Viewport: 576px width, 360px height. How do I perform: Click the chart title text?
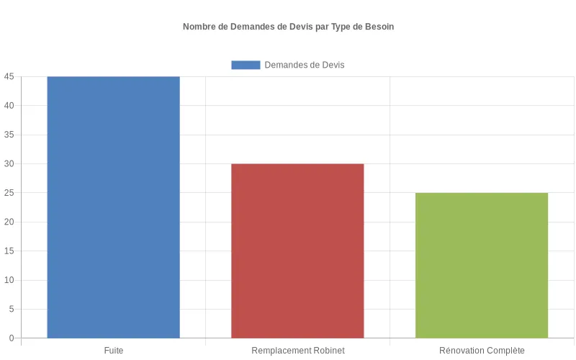[288, 27]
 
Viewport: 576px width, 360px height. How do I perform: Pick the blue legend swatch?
[246, 65]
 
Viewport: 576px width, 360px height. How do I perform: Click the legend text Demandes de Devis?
[305, 65]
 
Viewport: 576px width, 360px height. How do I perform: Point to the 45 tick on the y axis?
[9, 76]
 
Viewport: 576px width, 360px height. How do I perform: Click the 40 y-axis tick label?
[9, 106]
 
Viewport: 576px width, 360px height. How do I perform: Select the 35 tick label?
[9, 135]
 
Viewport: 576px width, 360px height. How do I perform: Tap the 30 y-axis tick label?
[9, 163]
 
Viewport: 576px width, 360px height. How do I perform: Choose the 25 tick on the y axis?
[9, 193]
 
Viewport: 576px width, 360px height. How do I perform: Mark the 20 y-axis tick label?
[9, 222]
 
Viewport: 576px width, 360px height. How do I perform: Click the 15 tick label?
[9, 251]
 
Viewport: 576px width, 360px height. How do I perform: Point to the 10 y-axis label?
[9, 280]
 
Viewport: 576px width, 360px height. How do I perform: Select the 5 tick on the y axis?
[12, 309]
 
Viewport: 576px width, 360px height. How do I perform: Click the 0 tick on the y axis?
[12, 338]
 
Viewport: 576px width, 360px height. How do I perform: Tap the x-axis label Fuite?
[113, 351]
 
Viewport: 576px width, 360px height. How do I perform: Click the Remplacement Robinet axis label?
[297, 351]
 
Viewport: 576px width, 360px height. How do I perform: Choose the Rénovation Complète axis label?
[482, 351]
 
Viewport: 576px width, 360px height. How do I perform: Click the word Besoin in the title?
[379, 27]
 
